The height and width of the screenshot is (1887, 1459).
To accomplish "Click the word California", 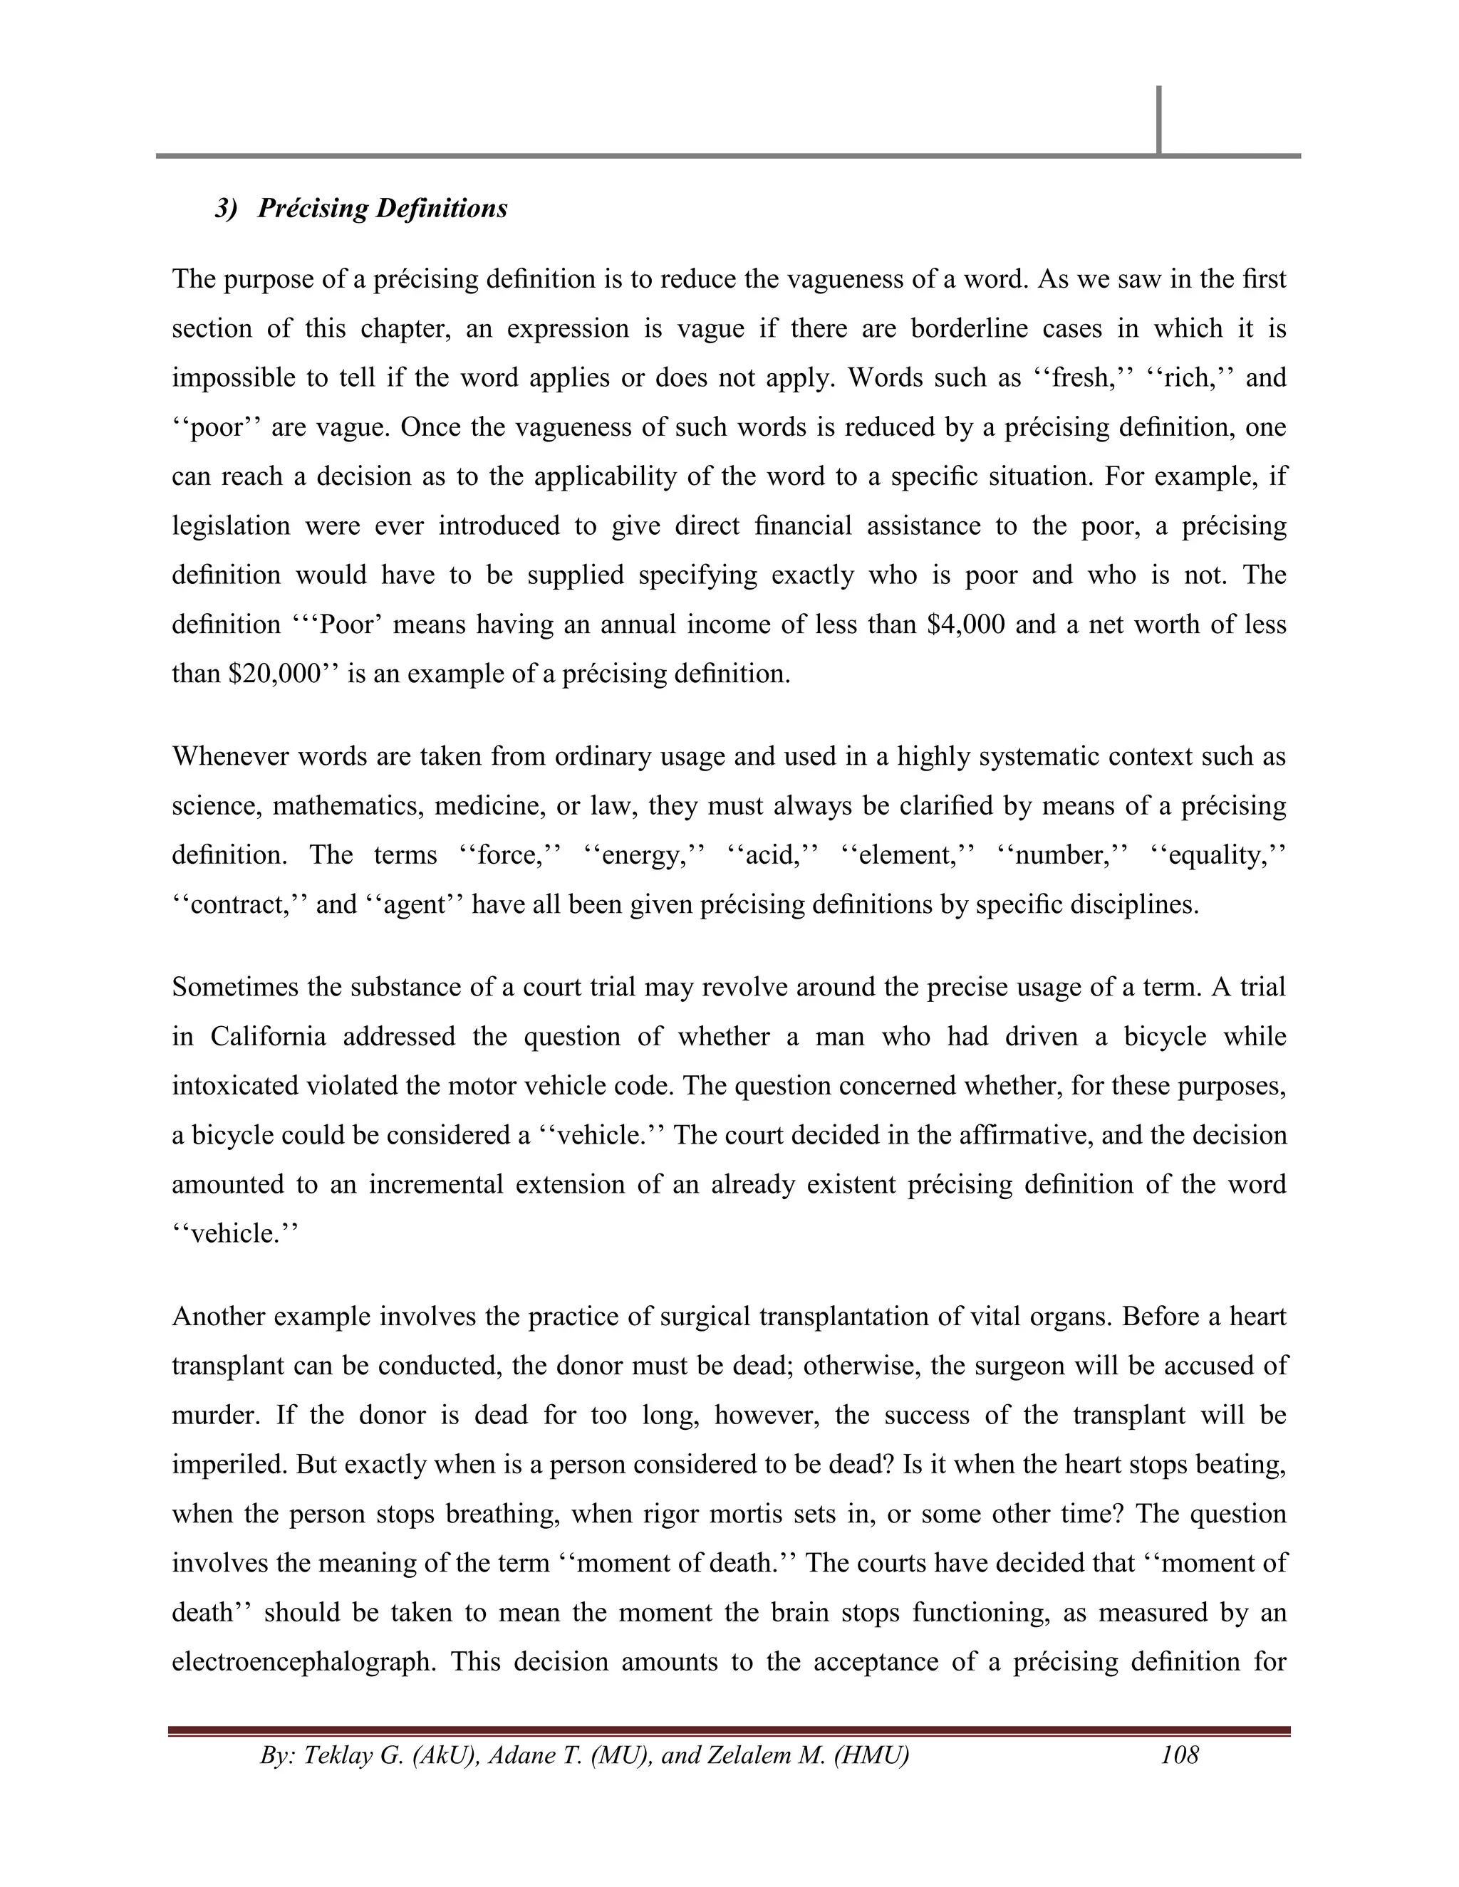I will [268, 1036].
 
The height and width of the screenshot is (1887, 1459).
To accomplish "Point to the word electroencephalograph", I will [303, 1661].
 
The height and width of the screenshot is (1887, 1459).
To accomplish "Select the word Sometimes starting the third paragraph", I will [232, 987].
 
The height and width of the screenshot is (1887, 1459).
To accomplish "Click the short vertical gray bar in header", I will [1158, 120].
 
